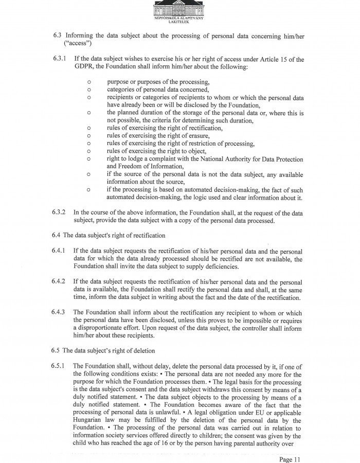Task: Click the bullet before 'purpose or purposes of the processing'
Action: [89, 82]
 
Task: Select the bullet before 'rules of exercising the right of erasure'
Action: [89, 136]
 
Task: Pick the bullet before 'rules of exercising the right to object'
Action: [89, 151]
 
